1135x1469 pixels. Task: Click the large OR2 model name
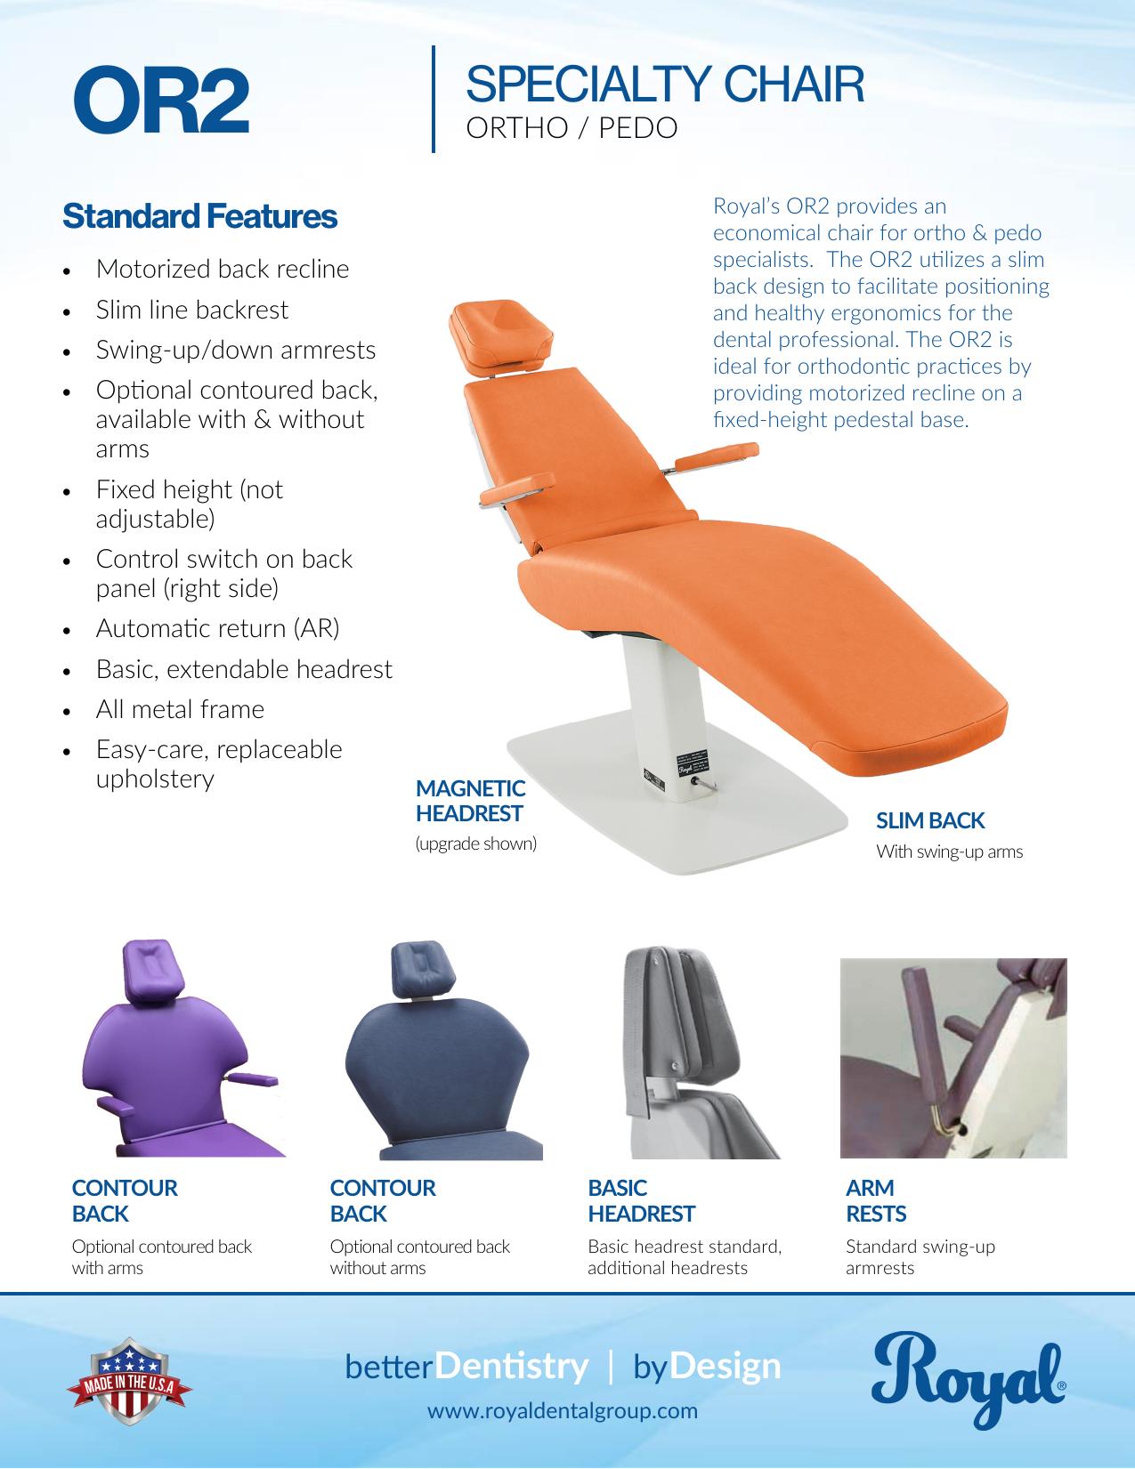(162, 100)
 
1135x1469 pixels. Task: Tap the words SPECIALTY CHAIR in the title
(665, 85)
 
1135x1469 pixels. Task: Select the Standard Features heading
(199, 216)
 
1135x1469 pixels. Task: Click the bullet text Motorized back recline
(223, 269)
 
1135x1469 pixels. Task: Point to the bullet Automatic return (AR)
(218, 629)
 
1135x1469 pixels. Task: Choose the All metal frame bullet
(180, 709)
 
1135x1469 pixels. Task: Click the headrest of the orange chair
(500, 335)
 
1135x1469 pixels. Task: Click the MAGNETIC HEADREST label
(470, 801)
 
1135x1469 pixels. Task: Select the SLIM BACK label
(930, 820)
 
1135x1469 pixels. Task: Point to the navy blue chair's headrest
(421, 970)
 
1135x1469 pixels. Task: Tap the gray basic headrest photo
(700, 1052)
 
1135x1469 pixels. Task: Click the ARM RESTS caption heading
(876, 1200)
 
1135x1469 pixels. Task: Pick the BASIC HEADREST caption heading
(641, 1200)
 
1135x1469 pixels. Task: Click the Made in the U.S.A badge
(129, 1380)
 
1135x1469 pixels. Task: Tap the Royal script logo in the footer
(969, 1379)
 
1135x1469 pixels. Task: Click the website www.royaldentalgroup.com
(562, 1411)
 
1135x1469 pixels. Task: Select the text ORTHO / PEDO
(572, 128)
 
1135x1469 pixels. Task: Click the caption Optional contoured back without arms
(420, 1256)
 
